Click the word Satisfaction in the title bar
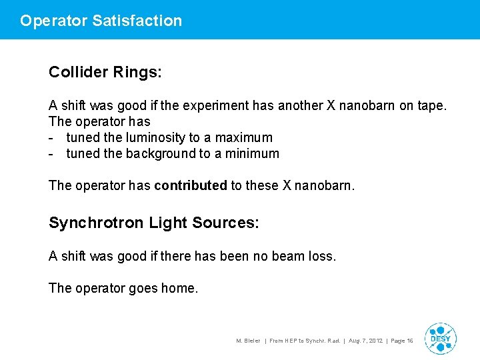(137, 21)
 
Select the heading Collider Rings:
(105, 72)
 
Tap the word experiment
(242, 105)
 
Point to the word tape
(431, 105)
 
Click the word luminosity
(153, 137)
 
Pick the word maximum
(243, 137)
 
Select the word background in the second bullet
(159, 153)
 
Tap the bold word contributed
(191, 185)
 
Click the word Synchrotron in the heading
(96, 223)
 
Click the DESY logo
(440, 338)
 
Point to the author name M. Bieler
(248, 341)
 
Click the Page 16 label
(402, 341)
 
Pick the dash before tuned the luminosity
(52, 138)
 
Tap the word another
(312, 105)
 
